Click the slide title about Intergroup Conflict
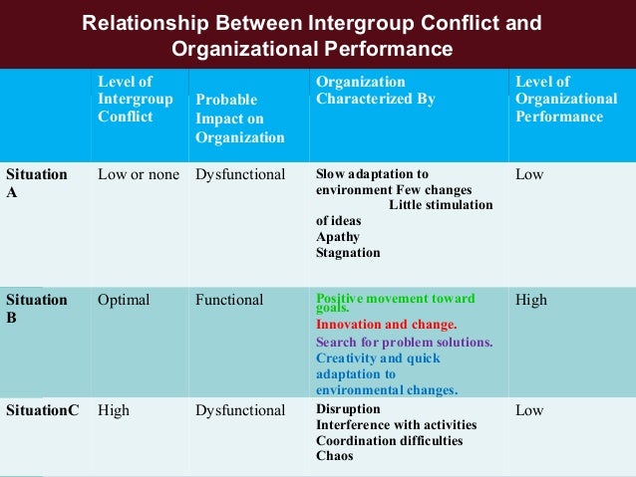point(312,35)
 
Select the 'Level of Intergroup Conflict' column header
point(136,99)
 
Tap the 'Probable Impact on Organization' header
point(240,119)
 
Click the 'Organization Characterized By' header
point(376,90)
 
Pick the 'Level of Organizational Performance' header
point(559,99)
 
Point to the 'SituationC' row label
point(40,409)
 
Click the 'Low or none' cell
point(139,174)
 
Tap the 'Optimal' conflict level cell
point(124,300)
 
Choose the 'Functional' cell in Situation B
point(230,300)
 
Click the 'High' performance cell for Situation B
point(531,300)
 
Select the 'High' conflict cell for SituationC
point(115,409)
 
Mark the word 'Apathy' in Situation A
point(338,237)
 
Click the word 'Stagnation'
point(348,253)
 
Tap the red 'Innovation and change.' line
point(387,325)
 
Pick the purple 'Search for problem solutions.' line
point(404,342)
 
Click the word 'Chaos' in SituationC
point(334,456)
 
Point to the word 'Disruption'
point(348,408)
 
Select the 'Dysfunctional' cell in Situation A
point(240,174)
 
